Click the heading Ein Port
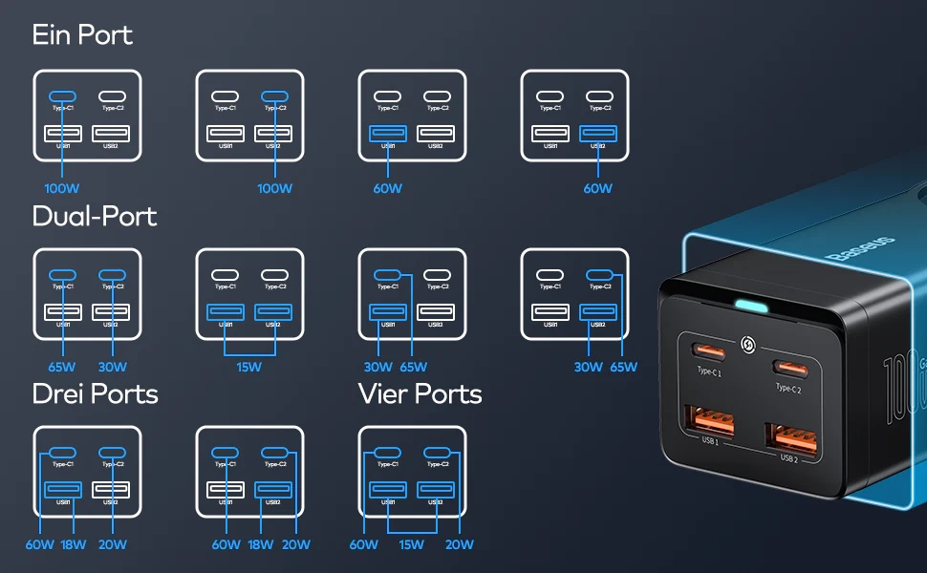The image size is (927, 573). pyautogui.click(x=82, y=35)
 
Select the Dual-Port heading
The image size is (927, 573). pyautogui.click(x=95, y=217)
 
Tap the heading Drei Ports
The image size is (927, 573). pyautogui.click(x=95, y=393)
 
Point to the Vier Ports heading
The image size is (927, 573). pyautogui.click(x=420, y=393)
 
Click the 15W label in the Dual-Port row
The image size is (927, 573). pyautogui.click(x=249, y=367)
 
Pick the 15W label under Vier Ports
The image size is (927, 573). pyautogui.click(x=412, y=544)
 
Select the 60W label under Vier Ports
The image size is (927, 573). pyautogui.click(x=364, y=544)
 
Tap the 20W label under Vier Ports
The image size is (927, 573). pyautogui.click(x=460, y=544)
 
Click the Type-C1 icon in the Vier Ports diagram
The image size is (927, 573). pyautogui.click(x=388, y=453)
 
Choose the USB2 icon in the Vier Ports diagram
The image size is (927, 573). pyautogui.click(x=436, y=491)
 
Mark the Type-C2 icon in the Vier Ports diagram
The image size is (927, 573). pyautogui.click(x=437, y=453)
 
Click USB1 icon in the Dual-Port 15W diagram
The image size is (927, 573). pyautogui.click(x=226, y=312)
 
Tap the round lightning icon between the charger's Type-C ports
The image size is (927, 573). pyautogui.click(x=748, y=341)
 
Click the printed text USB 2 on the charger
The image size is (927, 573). pyautogui.click(x=788, y=458)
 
